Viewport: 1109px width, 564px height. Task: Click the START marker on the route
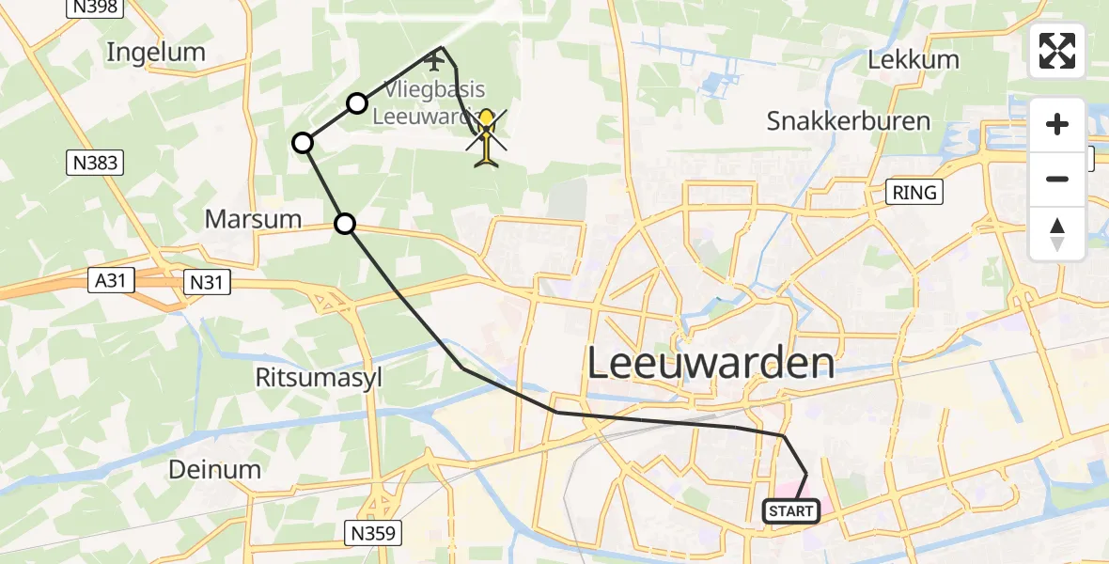point(790,511)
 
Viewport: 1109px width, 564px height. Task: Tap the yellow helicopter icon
point(487,137)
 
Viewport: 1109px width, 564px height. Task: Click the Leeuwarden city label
point(711,363)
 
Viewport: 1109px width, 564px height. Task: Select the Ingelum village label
point(156,53)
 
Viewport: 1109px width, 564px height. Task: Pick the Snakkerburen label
point(848,120)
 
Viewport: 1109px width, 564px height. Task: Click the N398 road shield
point(92,8)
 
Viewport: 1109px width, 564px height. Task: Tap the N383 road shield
point(96,163)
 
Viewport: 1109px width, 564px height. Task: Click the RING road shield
point(915,193)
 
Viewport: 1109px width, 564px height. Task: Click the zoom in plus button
point(1057,125)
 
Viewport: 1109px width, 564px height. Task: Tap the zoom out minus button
point(1057,179)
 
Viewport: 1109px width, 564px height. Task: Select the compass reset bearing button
point(1057,233)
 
